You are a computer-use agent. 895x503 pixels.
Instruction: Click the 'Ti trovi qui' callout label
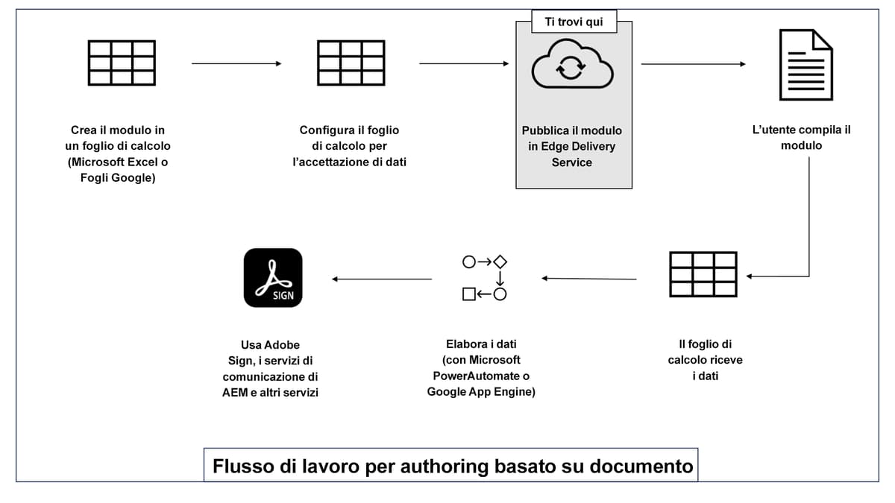(x=574, y=22)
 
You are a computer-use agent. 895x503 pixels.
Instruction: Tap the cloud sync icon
(x=572, y=67)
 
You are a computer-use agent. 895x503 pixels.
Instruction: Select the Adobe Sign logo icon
(x=273, y=277)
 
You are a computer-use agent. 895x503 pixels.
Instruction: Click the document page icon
(x=805, y=64)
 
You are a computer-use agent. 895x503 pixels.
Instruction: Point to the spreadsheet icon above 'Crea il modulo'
(x=122, y=63)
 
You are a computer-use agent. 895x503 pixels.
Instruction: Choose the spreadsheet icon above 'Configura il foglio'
(x=351, y=63)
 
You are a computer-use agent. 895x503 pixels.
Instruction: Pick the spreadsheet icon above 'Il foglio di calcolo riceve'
(x=703, y=274)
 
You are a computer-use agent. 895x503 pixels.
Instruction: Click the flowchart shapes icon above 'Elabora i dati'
(x=485, y=277)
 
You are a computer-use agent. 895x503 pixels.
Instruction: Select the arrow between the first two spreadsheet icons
(x=236, y=64)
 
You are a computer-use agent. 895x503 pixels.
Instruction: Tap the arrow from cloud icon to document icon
(x=693, y=64)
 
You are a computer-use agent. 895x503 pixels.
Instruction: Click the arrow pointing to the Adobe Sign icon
(x=382, y=279)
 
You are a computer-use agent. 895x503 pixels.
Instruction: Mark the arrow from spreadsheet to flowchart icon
(x=589, y=279)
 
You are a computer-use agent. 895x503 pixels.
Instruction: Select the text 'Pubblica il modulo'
(x=571, y=130)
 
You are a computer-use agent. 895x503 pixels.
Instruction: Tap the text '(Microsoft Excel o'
(x=118, y=162)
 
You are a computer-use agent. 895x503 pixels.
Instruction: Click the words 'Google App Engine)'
(x=481, y=392)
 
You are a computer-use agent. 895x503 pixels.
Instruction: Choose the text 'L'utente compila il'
(x=802, y=130)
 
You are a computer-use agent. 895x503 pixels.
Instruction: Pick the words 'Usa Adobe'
(x=270, y=344)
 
